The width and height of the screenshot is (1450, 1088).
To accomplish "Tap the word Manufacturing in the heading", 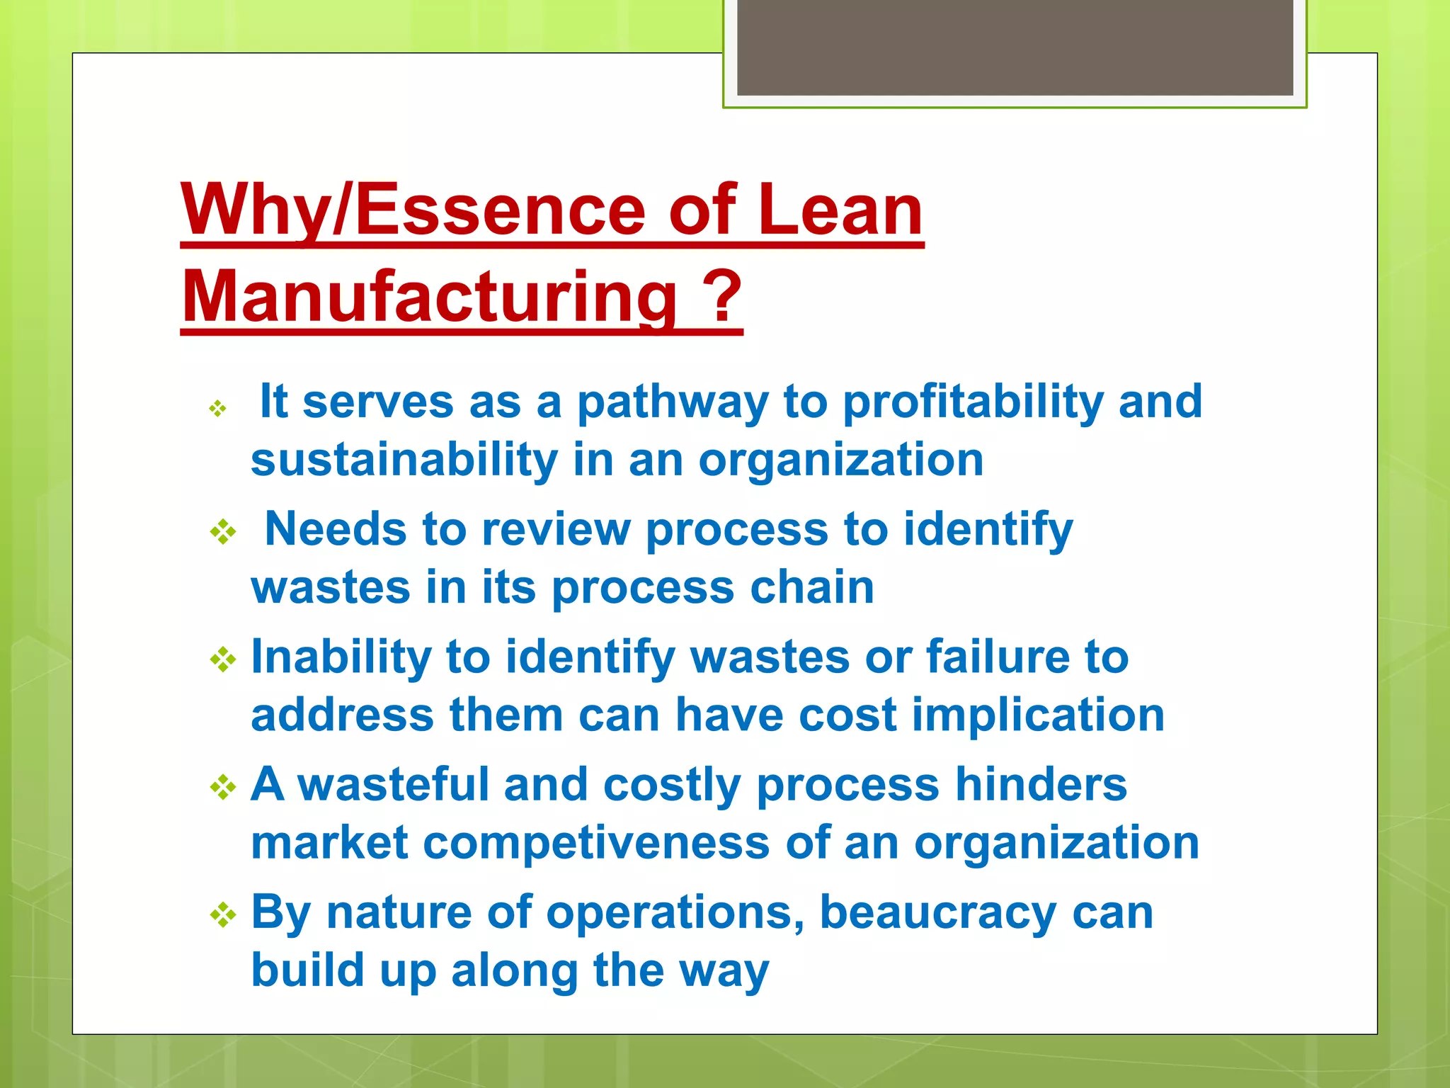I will [429, 297].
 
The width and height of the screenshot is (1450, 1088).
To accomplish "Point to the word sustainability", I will [404, 460].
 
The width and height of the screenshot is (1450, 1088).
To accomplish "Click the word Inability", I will [341, 657].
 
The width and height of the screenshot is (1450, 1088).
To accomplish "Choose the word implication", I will [1038, 715].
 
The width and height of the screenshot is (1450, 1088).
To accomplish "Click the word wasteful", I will [393, 785].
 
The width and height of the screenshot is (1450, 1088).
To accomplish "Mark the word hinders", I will [1041, 785].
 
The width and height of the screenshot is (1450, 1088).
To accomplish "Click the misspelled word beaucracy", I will [938, 913].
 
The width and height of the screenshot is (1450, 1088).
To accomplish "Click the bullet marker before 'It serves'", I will [217, 409].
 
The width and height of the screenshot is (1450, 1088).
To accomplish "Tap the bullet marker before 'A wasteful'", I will [223, 787].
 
